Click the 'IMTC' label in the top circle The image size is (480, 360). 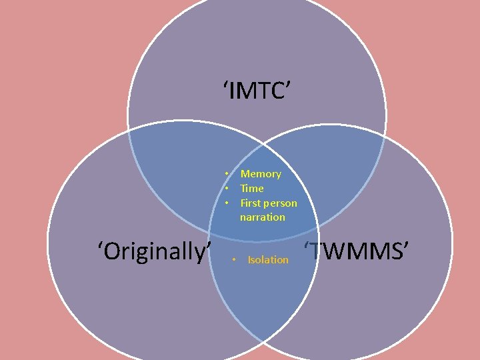pos(257,90)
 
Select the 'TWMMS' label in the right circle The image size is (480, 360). pos(357,251)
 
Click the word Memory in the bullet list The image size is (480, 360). pos(261,174)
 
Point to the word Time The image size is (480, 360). pos(252,189)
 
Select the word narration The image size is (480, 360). pos(263,217)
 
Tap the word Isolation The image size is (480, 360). pos(268,260)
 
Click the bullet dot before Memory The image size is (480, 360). pos(227,174)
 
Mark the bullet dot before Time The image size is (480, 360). pos(227,189)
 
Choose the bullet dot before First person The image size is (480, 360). pos(227,203)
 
